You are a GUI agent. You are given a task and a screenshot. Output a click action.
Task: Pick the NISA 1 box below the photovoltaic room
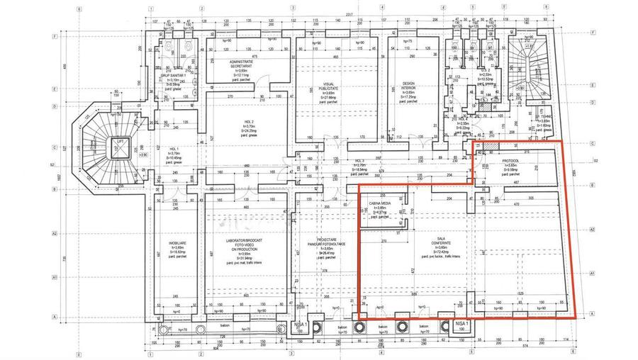(x=304, y=325)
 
